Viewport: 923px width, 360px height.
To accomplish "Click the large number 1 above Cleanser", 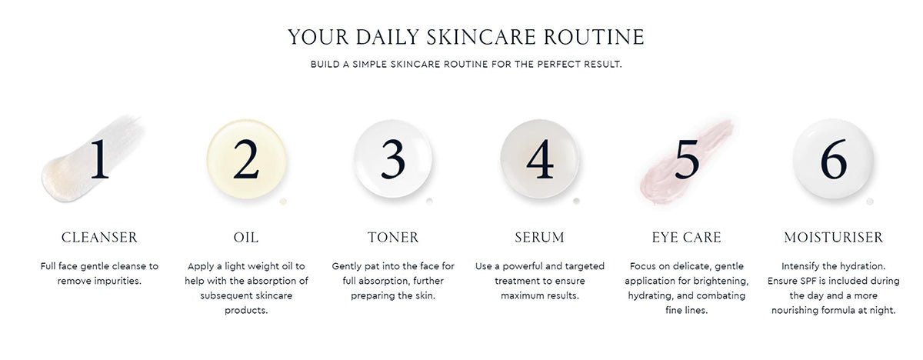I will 99,159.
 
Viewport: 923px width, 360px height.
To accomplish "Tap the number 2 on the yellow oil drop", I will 245,159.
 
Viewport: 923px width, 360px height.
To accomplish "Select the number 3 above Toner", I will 392,159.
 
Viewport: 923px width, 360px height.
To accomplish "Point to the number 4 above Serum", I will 539,159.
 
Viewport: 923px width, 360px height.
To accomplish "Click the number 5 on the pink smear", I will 686,159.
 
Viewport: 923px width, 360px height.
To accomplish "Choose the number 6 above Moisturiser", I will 833,159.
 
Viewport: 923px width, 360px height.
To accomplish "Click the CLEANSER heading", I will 99,237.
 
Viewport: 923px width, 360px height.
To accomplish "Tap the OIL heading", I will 246,237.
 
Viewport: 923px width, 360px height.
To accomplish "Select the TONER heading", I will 393,237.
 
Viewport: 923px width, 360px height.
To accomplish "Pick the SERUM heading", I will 539,237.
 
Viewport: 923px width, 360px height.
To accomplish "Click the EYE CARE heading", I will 686,237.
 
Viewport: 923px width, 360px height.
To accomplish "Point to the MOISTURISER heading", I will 833,237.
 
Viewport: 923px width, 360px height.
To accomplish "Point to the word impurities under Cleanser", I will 116,281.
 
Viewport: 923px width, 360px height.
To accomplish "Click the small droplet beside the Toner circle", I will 429,202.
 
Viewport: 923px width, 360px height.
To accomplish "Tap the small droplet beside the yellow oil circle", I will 282,202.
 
